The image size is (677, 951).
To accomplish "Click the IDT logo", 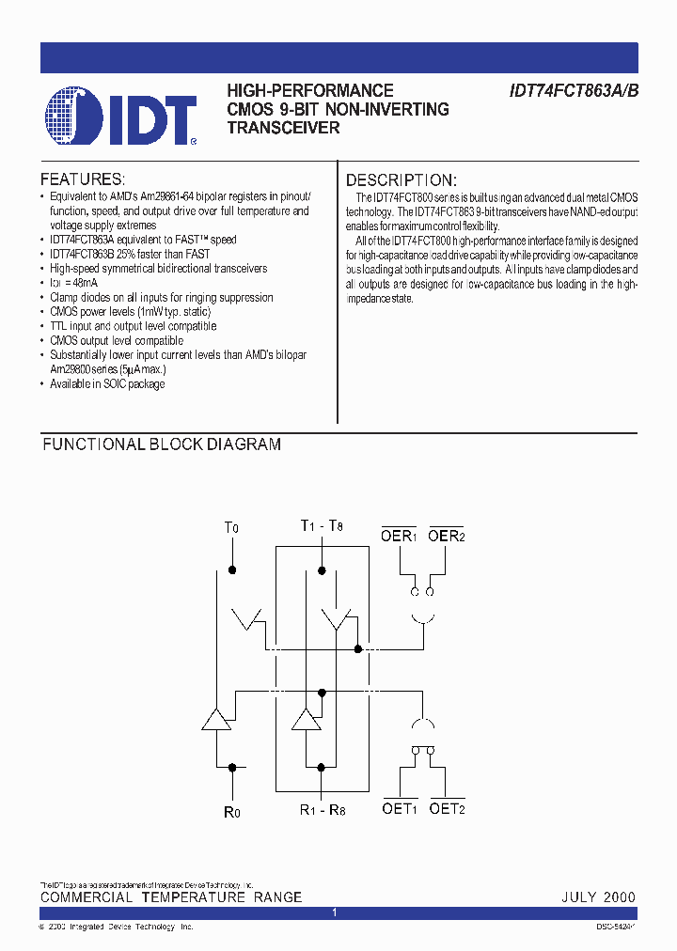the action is (x=121, y=117).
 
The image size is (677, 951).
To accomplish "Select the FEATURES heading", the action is (x=83, y=179).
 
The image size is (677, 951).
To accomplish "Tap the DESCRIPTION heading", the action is (x=401, y=179).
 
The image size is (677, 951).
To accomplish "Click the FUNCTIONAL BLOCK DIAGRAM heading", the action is (x=162, y=444).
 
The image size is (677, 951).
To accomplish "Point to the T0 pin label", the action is (x=231, y=528).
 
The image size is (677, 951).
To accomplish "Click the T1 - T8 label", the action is (x=322, y=526).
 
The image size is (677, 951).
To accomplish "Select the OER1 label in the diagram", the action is (x=399, y=535).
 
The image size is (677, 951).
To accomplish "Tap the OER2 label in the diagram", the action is (x=446, y=535).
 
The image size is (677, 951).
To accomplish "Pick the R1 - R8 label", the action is (x=323, y=810).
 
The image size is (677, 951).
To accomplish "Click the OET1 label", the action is (x=400, y=807).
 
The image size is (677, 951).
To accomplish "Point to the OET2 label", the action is (x=447, y=807).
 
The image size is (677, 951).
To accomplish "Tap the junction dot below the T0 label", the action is (x=232, y=569).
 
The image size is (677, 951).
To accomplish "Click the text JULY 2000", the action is (x=599, y=897).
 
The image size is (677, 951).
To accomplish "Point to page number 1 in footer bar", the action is (x=335, y=912).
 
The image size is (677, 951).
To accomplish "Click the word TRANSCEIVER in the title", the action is (x=284, y=127).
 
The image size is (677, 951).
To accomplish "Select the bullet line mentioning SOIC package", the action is (x=107, y=384).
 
